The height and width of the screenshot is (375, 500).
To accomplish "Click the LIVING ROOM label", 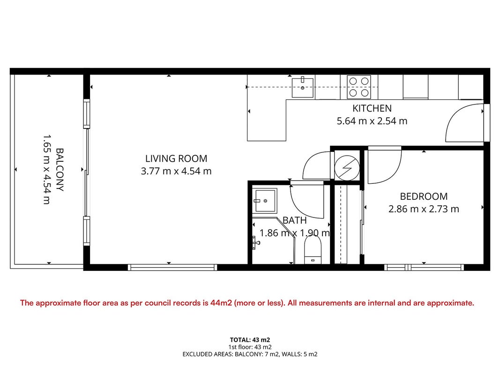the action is click(x=176, y=158).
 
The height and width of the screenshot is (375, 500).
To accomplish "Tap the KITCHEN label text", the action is click(x=372, y=108).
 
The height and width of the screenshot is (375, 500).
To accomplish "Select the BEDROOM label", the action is click(x=424, y=196).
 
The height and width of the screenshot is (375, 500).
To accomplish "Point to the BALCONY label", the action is click(x=60, y=169).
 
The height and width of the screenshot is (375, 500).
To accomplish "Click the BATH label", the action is click(x=295, y=220).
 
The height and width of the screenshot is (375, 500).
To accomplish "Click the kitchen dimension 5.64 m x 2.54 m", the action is click(x=372, y=121).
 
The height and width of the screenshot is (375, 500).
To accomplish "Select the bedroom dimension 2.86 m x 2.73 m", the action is click(x=424, y=209).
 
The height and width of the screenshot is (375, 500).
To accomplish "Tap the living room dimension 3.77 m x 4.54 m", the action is click(x=176, y=171).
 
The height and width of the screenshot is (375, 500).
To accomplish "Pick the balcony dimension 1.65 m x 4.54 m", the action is click(x=47, y=169).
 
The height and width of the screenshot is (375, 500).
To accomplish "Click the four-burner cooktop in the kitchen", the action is click(x=359, y=87).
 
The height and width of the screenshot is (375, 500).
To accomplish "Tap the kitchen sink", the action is click(x=303, y=87).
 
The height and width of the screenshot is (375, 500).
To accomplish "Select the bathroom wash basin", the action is click(x=264, y=201).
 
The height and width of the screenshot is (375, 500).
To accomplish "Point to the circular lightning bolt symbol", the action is click(x=347, y=168).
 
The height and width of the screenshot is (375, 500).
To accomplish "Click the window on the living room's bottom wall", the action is click(x=172, y=267).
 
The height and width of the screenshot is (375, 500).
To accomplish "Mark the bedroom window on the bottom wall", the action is click(x=424, y=267).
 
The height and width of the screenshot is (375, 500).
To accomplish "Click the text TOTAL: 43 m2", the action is click(x=250, y=340).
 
